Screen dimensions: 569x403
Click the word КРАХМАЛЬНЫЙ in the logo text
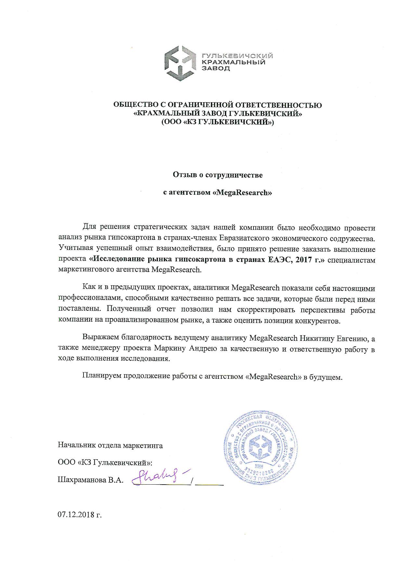[x=234, y=62]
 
